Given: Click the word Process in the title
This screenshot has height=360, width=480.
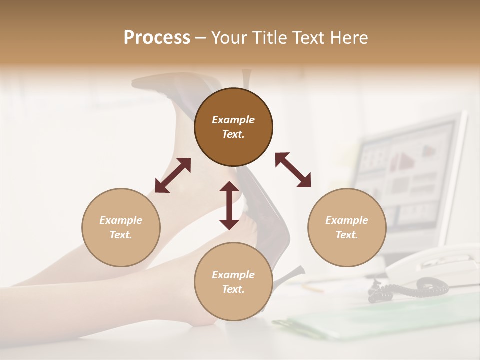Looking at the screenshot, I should [157, 38].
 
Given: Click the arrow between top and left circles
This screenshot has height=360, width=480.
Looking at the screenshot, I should [173, 175].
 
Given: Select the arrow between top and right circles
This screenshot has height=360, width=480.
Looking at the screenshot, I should [293, 170].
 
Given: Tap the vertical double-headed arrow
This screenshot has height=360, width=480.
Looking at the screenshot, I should [229, 205].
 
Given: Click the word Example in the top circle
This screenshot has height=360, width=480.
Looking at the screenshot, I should [233, 120].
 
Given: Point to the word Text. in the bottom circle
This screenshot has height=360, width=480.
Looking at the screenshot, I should [233, 289].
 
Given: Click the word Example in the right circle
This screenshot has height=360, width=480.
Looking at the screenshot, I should [347, 220].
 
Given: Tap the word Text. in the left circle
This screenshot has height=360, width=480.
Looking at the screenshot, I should [121, 235].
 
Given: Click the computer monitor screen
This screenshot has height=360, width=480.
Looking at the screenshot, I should [405, 175].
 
